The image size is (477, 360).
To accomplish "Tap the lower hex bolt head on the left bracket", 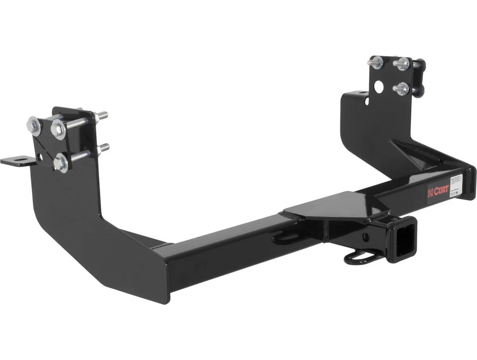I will (61, 162).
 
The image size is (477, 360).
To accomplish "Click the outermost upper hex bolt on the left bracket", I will (34, 126).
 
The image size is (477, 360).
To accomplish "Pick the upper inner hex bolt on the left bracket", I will (58, 129).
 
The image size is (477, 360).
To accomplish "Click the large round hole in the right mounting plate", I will (379, 87).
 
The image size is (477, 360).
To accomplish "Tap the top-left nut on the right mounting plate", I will (376, 63).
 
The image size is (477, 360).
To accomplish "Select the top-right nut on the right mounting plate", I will (401, 64).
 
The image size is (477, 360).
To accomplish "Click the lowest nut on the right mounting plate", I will (400, 89).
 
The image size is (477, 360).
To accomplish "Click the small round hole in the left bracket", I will (39, 157).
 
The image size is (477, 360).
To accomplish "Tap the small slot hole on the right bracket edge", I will (366, 102).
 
